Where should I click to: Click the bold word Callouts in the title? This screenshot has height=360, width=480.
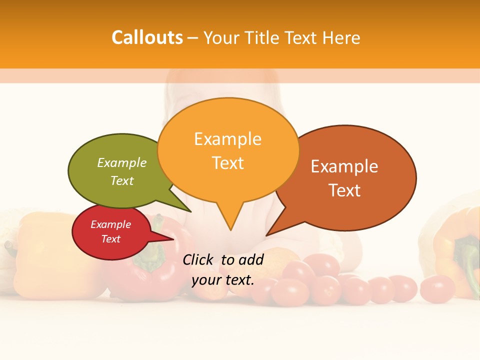point(147,37)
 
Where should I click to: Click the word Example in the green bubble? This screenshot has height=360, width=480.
point(122,162)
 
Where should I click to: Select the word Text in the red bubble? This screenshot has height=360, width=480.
point(111,239)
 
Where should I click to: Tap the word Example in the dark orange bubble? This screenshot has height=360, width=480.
point(344,166)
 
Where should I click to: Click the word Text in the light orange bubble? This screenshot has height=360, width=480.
point(228,163)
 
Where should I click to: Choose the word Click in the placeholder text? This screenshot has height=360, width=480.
point(198,259)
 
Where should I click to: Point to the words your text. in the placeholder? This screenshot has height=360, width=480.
point(223,280)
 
